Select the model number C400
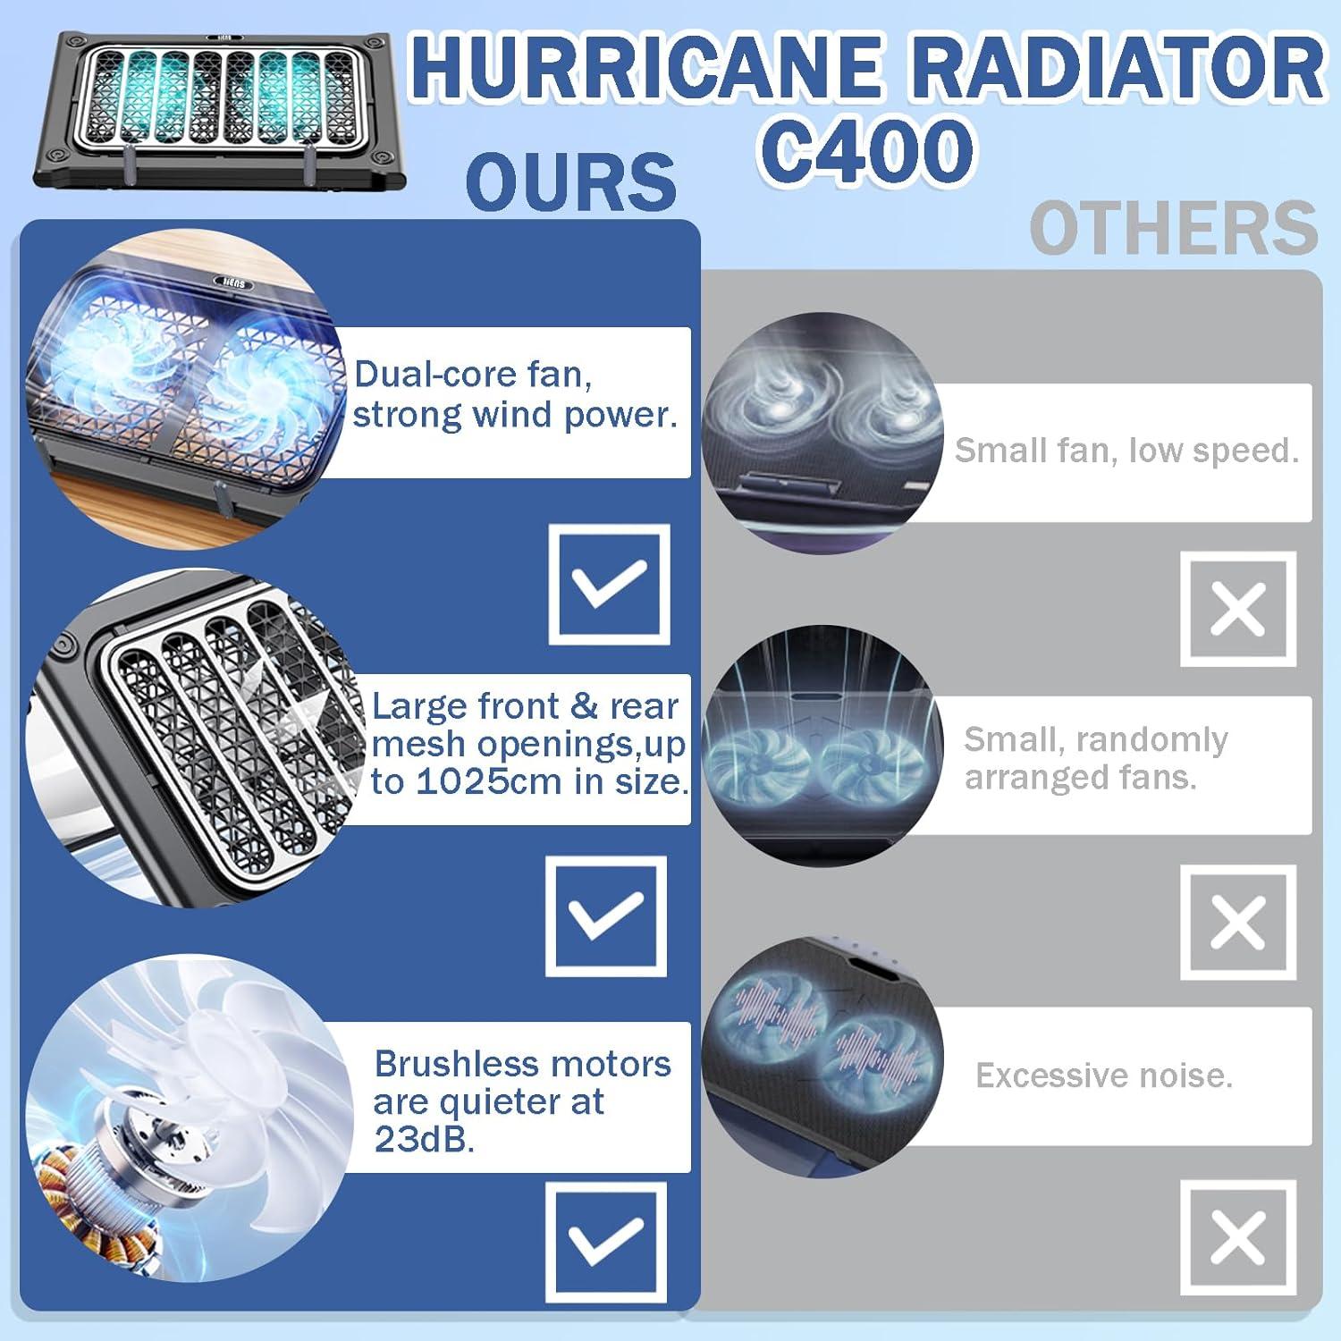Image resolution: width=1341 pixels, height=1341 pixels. pyautogui.click(x=867, y=150)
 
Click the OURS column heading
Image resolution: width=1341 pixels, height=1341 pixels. pyautogui.click(x=571, y=181)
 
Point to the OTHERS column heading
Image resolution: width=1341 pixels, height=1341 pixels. pyautogui.click(x=1174, y=228)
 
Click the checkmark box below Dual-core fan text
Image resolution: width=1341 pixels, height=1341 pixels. pyautogui.click(x=609, y=585)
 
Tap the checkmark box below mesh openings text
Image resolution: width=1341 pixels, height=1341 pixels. pyautogui.click(x=606, y=915)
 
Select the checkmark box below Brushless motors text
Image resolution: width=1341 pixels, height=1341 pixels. pyautogui.click(x=606, y=1242)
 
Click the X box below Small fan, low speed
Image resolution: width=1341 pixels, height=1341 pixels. pyautogui.click(x=1238, y=609)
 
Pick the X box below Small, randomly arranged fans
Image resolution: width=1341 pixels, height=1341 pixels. pyautogui.click(x=1238, y=922)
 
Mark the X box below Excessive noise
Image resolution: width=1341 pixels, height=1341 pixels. pyautogui.click(x=1238, y=1238)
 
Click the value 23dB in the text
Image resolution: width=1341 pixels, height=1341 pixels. pyautogui.click(x=424, y=1139)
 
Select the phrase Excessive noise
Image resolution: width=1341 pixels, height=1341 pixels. pyautogui.click(x=1104, y=1075)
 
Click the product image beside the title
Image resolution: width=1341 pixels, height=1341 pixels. pyautogui.click(x=220, y=111)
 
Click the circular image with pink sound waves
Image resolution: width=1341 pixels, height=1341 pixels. pyautogui.click(x=822, y=1058)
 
